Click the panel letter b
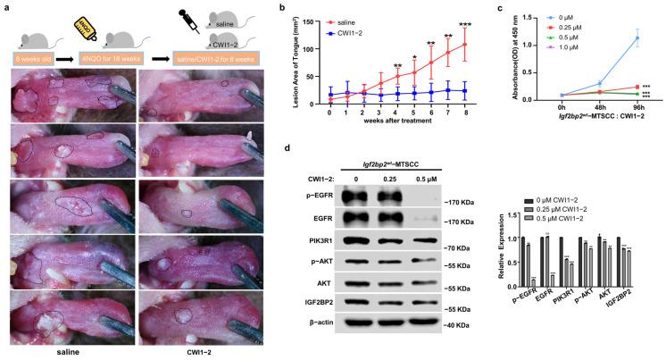pyautogui.click(x=282, y=9)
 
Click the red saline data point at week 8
pyautogui.click(x=464, y=45)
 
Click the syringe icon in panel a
pyautogui.click(x=187, y=17)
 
